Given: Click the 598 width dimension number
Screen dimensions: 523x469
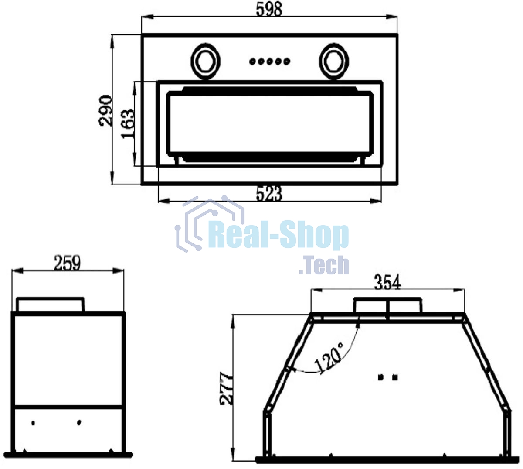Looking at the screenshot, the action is [269, 10].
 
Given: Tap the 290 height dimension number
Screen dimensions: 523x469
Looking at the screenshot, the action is [105, 111].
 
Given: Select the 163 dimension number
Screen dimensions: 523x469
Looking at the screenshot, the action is [128, 124].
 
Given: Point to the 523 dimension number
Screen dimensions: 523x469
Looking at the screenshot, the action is [269, 194].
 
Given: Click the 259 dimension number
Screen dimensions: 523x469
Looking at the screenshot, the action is [67, 263].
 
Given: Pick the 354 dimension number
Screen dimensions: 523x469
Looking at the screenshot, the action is [387, 282].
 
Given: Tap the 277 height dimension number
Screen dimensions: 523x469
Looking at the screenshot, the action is [226, 388].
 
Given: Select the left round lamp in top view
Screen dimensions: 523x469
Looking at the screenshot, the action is [205, 62].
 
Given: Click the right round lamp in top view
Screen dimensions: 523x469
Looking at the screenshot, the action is [334, 62].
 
